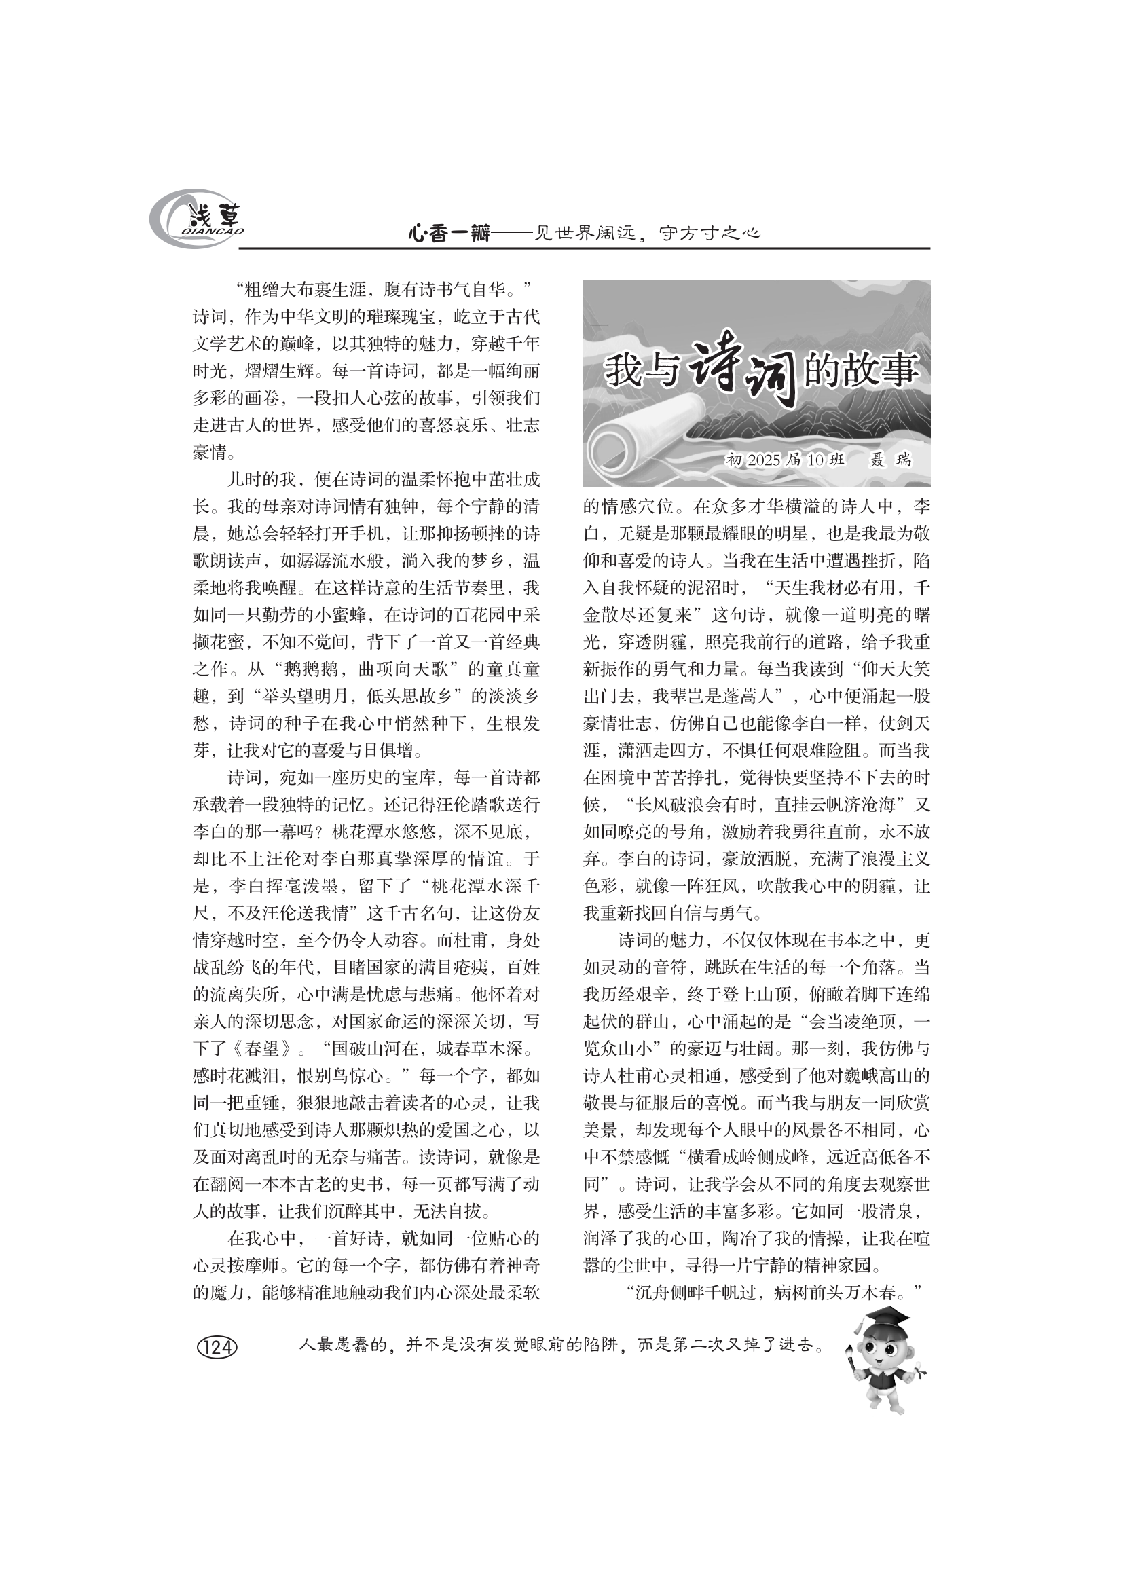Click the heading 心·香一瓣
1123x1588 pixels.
pyautogui.click(x=449, y=234)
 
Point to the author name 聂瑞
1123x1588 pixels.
pyautogui.click(x=891, y=460)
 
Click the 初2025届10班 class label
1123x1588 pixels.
pyautogui.click(x=785, y=460)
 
